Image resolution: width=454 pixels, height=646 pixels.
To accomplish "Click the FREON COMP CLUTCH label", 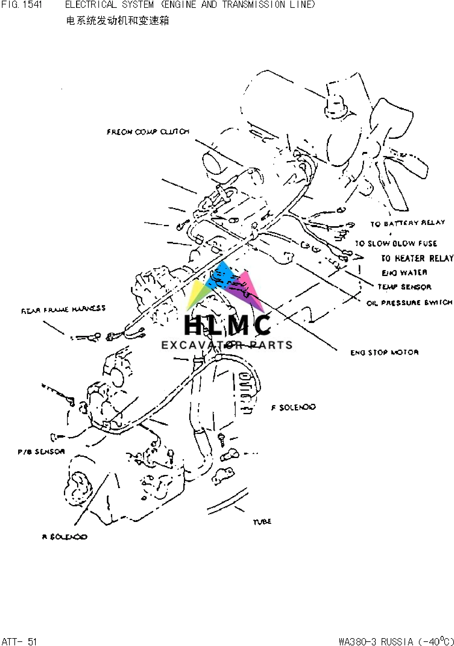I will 148,132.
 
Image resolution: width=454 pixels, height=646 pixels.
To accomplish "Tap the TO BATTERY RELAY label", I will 408,223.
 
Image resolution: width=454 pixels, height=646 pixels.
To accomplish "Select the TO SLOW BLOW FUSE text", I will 396,243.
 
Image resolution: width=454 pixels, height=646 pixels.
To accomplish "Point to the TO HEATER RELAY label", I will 417,258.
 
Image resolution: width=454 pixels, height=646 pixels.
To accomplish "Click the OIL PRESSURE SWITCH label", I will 410,303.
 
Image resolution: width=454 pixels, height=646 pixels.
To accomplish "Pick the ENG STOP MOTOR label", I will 384,352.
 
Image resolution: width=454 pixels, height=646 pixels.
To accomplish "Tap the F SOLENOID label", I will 294,407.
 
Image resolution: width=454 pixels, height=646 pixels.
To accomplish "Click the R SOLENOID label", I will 65,537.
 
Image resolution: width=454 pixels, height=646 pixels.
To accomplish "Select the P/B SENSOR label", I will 41,451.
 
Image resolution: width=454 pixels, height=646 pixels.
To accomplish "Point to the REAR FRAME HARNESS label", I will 63,310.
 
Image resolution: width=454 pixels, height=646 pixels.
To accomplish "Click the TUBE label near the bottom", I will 262,522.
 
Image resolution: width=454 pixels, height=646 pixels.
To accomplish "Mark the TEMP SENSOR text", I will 404,287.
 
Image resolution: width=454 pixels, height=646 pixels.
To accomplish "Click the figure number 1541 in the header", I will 32,5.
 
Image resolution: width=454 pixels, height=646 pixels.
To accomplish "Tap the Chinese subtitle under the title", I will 117,21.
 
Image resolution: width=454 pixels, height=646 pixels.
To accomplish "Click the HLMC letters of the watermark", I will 227,325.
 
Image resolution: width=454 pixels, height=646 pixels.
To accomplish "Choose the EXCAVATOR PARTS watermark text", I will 227,345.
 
